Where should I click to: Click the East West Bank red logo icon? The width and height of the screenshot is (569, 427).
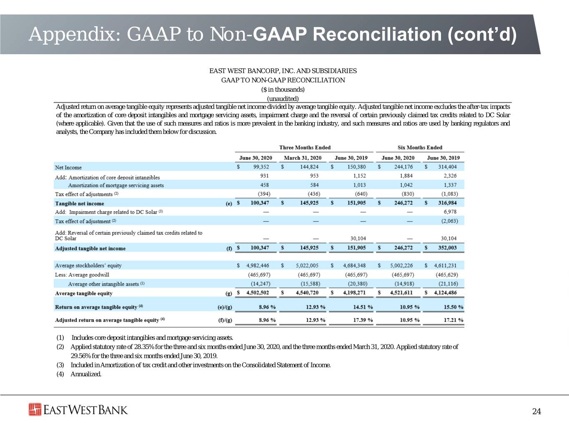pyautogui.click(x=35, y=409)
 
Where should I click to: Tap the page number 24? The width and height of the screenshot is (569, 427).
pyautogui.click(x=536, y=412)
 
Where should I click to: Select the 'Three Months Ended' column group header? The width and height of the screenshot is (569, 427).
pyautogui.click(x=305, y=148)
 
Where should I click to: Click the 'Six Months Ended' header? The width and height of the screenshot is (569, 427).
pyautogui.click(x=420, y=148)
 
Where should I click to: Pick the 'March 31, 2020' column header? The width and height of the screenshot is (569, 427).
pyautogui.click(x=303, y=158)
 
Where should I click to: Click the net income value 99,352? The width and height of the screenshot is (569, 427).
pyautogui.click(x=261, y=167)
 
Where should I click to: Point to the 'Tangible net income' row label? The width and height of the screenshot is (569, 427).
pyautogui.click(x=80, y=203)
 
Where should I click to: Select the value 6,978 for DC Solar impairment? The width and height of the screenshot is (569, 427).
pyautogui.click(x=450, y=211)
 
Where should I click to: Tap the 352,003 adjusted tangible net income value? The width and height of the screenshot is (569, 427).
pyautogui.click(x=447, y=248)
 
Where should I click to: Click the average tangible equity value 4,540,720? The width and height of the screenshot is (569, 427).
pyautogui.click(x=307, y=292)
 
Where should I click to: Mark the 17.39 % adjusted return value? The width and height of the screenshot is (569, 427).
pyautogui.click(x=363, y=320)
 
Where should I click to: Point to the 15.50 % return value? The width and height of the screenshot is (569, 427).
pyautogui.click(x=454, y=307)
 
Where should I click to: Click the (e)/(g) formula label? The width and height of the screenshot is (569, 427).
pyautogui.click(x=225, y=307)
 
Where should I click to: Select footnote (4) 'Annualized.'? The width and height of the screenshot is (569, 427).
pyautogui.click(x=79, y=374)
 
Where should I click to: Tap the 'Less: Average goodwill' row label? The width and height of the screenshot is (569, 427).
pyautogui.click(x=82, y=275)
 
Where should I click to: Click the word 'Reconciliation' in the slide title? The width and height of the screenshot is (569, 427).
pyautogui.click(x=377, y=34)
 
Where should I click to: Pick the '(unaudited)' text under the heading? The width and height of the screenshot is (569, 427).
pyautogui.click(x=283, y=99)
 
